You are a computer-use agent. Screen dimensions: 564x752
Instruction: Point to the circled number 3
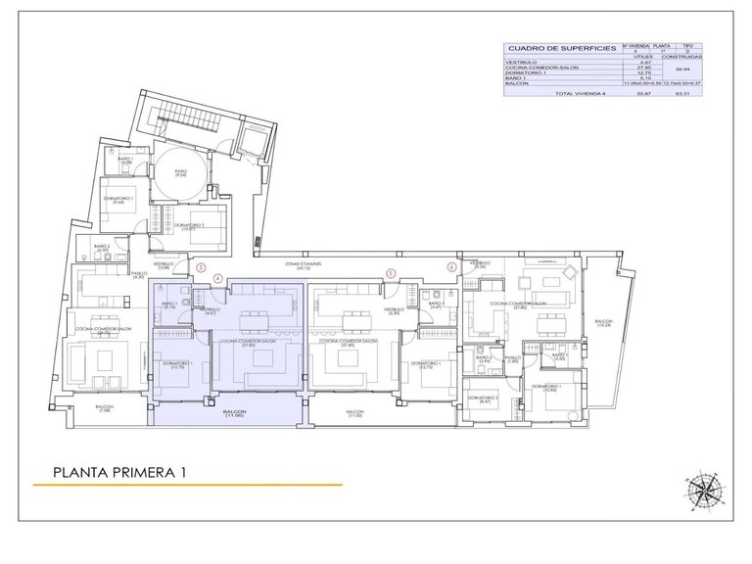[x=202, y=266]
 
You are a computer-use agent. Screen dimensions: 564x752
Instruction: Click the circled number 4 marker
[x=219, y=277]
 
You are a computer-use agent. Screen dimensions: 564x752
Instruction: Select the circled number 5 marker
[x=391, y=273]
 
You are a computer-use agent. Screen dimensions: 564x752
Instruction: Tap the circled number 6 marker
[x=451, y=266]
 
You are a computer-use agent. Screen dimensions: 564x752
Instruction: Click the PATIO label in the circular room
[x=180, y=172]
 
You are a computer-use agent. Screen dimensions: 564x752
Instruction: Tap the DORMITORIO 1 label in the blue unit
[x=177, y=365]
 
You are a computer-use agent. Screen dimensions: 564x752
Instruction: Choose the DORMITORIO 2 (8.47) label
[x=483, y=399]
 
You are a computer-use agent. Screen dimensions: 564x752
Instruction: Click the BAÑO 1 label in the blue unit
[x=169, y=305]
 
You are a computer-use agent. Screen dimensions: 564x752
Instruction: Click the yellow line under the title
[x=186, y=485]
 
